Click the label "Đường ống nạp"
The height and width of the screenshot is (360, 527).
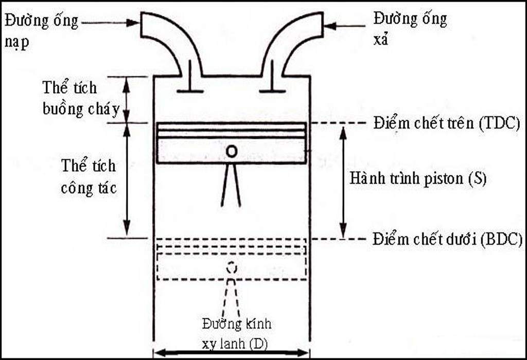[41, 31]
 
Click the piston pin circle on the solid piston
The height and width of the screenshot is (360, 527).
[232, 151]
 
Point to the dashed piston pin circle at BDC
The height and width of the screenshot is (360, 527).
[232, 267]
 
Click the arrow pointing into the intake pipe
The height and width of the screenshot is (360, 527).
[111, 22]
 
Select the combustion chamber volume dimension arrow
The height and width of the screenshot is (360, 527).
[127, 99]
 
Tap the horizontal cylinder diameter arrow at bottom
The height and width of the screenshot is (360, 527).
[232, 353]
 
